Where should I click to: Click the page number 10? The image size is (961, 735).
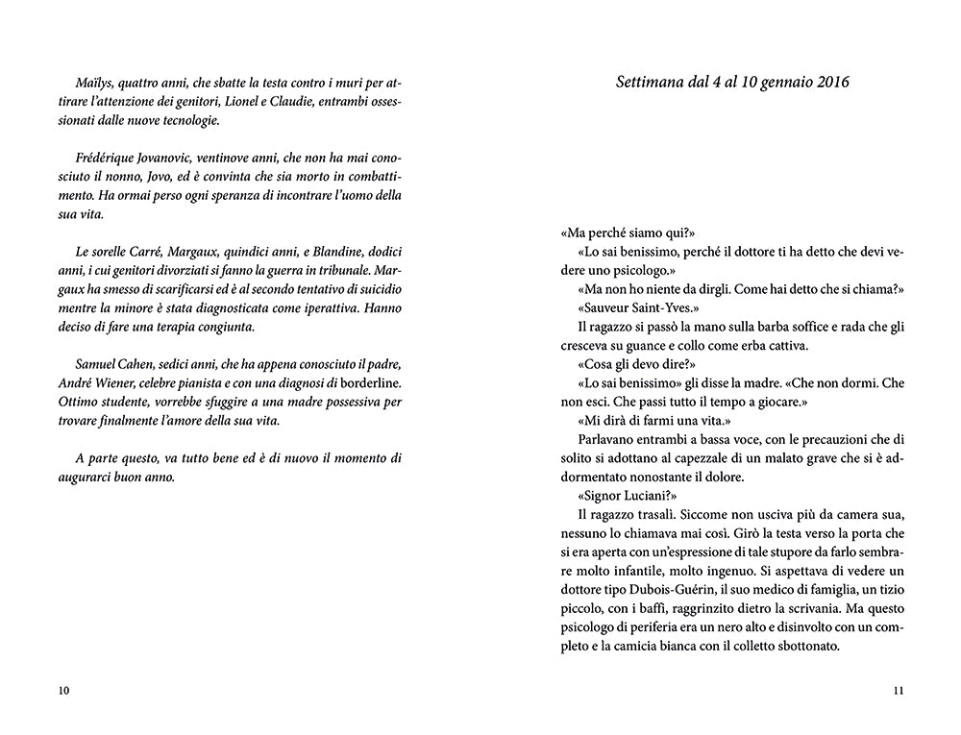click(x=64, y=691)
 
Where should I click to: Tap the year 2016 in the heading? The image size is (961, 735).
click(x=829, y=83)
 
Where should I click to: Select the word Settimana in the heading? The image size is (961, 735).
click(x=651, y=83)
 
